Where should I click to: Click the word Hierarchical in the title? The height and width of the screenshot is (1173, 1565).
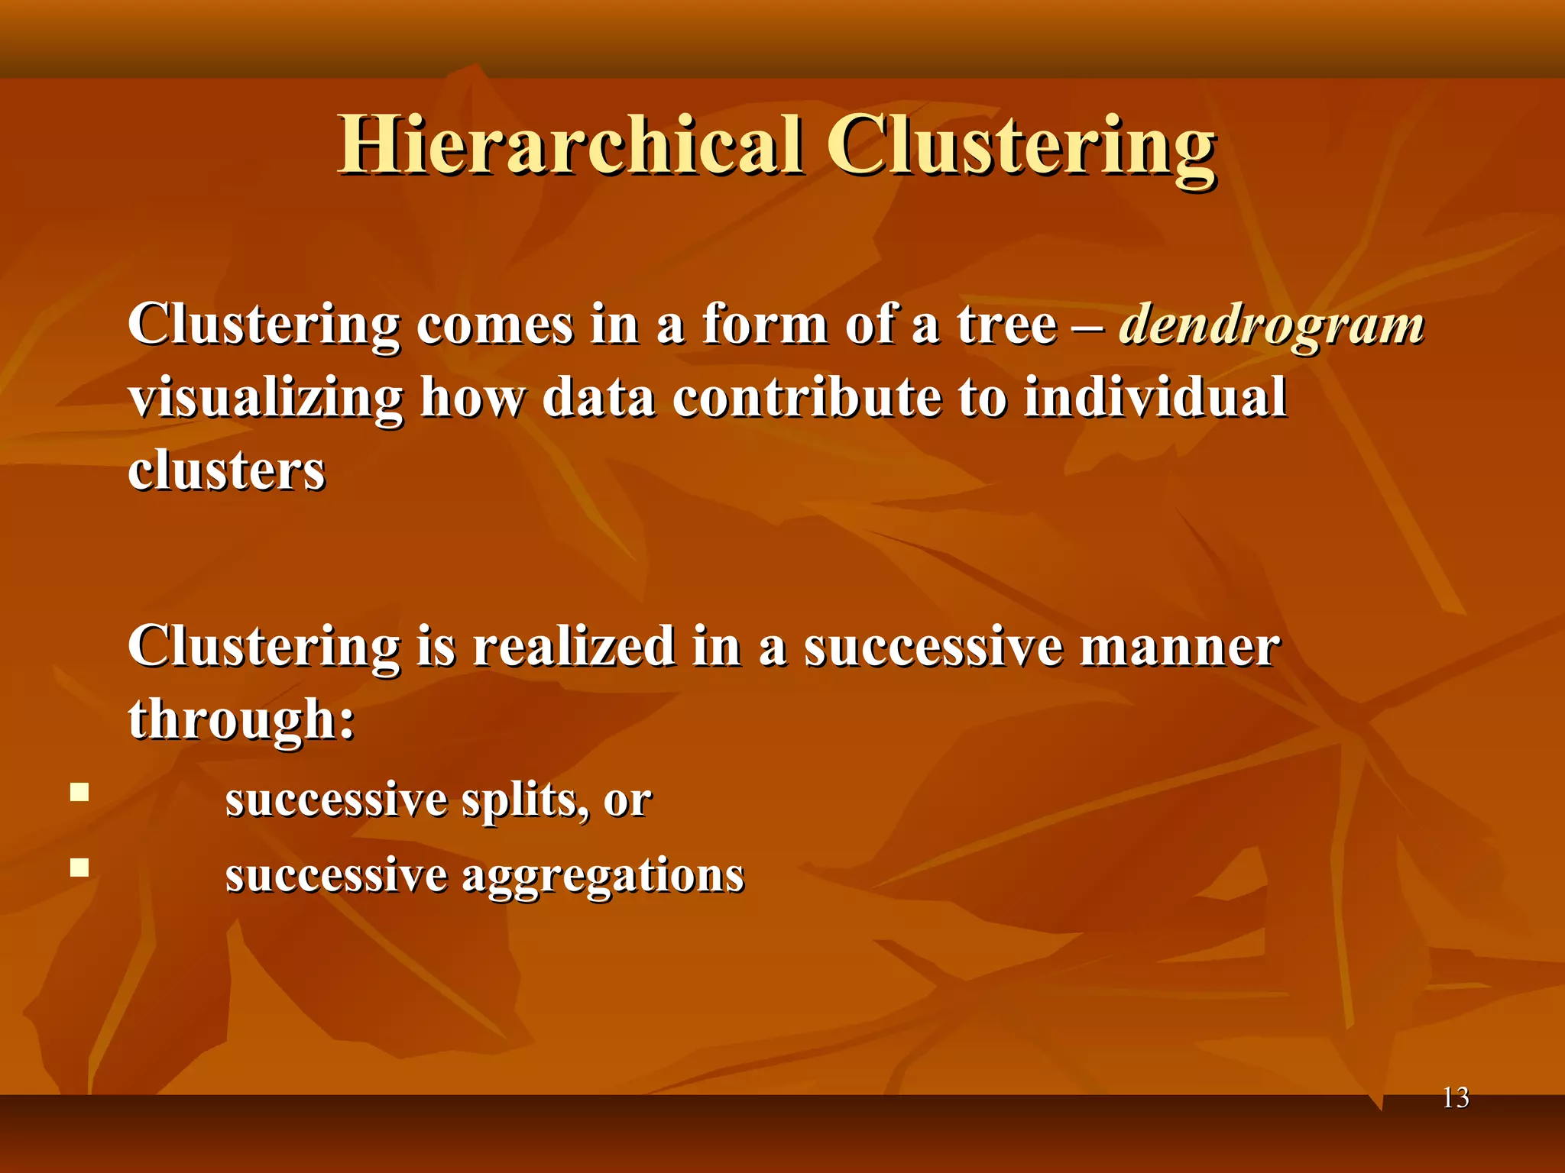click(570, 145)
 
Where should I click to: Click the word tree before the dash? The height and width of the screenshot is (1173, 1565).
click(1006, 325)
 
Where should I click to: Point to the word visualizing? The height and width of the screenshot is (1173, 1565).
click(265, 399)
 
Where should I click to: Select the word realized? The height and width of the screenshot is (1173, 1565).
click(573, 646)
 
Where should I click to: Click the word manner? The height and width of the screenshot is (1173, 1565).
click(1179, 648)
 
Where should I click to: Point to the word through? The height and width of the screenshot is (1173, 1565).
click(241, 719)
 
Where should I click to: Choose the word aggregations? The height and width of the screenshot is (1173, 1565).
click(603, 875)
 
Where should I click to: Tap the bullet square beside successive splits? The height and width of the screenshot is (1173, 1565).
click(79, 792)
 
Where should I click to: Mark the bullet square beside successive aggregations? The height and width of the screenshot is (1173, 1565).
click(79, 868)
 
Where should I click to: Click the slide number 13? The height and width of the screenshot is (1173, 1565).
click(1455, 1098)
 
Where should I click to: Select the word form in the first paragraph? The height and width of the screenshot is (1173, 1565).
click(764, 325)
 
